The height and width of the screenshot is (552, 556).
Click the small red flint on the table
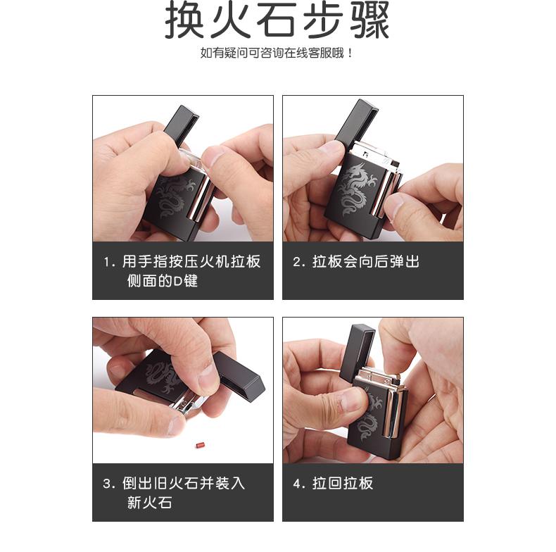(x=201, y=444)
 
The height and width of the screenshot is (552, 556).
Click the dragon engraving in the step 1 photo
(x=174, y=197)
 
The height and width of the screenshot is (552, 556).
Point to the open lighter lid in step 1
(x=181, y=124)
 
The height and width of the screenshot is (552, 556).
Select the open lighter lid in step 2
(x=356, y=123)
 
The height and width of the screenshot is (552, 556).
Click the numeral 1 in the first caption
(x=107, y=263)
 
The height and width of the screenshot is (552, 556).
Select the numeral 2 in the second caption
(x=297, y=262)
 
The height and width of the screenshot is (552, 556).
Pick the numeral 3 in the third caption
(x=108, y=484)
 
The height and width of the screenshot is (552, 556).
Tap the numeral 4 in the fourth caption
(x=297, y=484)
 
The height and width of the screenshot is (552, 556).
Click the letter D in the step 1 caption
(x=177, y=282)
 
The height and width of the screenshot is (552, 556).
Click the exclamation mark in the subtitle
(x=350, y=54)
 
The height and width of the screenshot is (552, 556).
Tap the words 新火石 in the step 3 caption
(x=150, y=503)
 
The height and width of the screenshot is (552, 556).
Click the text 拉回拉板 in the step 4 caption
(x=343, y=484)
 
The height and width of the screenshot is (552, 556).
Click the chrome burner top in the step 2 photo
(x=376, y=154)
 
